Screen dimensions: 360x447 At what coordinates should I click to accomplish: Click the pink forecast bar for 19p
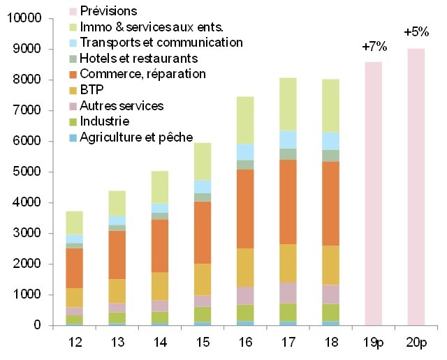pos(374,193)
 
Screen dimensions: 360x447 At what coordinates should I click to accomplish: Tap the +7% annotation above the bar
pos(374,47)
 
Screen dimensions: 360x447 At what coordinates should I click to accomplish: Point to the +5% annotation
pos(416,32)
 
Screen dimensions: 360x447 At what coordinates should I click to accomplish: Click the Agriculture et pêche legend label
pos(135,137)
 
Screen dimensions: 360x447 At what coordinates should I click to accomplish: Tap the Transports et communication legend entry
pos(161,43)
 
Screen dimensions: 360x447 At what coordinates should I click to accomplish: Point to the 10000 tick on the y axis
pos(23,19)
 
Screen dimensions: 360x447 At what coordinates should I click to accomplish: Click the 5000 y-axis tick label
pos(26,172)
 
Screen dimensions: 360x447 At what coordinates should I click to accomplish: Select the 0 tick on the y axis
pos(39,326)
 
